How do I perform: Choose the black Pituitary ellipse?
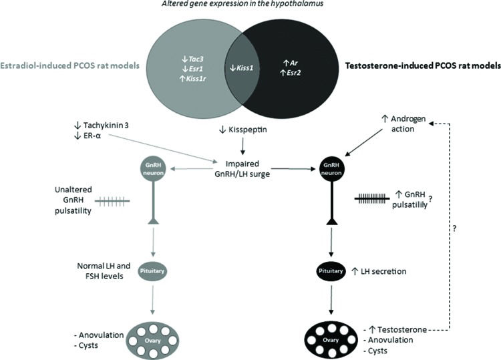coord(332,272)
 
